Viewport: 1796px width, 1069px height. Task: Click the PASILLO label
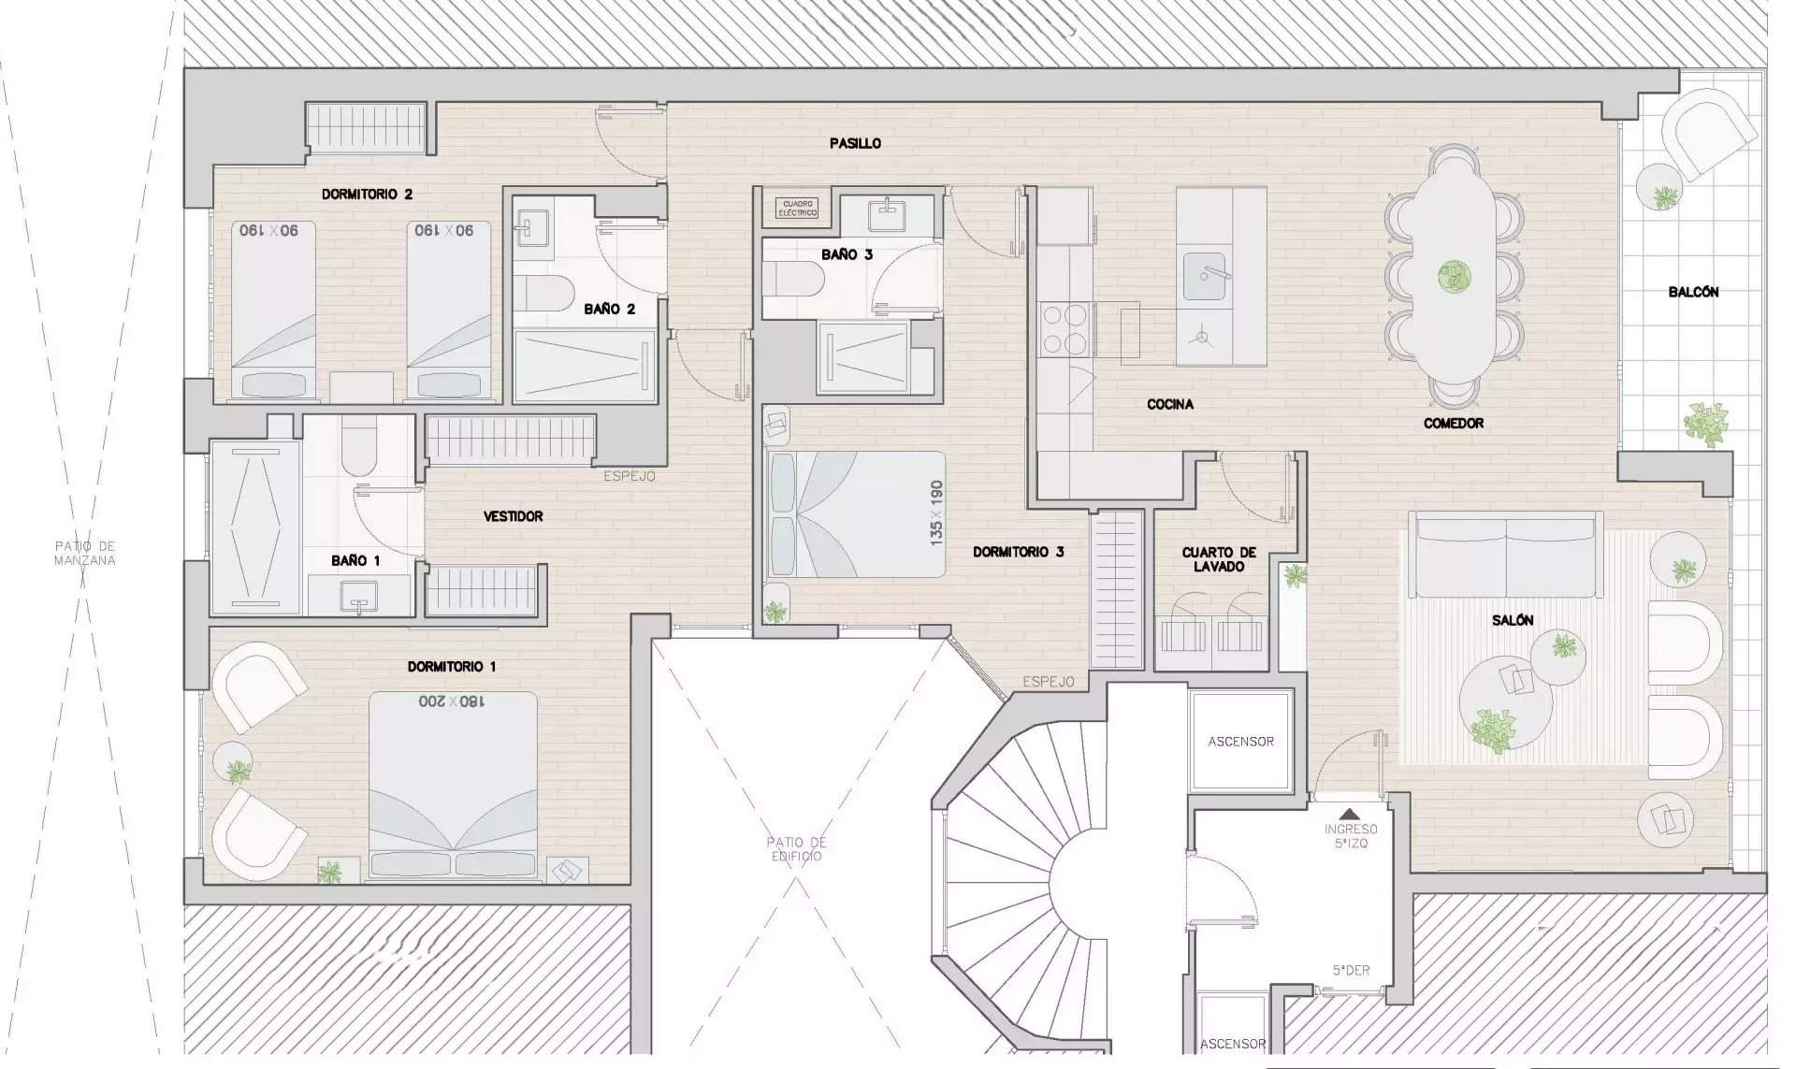(855, 143)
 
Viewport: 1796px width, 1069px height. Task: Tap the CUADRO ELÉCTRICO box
(798, 209)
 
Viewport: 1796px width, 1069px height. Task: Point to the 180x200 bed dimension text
(452, 701)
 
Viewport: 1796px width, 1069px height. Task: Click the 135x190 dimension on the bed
(936, 513)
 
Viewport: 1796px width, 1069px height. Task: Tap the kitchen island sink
(1204, 276)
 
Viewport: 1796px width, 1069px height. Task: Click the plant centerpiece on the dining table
(1454, 276)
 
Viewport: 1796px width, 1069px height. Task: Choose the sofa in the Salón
(1505, 554)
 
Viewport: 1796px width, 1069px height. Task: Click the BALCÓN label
(1693, 292)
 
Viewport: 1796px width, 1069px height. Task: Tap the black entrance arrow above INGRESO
(1350, 815)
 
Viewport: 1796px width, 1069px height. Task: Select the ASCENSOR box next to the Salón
(1240, 741)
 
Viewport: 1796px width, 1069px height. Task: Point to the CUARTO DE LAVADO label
(1218, 559)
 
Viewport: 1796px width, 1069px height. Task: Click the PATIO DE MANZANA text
(84, 553)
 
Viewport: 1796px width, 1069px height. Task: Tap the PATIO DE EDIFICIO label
(797, 848)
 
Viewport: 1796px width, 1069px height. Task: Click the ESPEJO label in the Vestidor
(629, 476)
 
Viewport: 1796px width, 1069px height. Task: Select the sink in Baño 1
(358, 595)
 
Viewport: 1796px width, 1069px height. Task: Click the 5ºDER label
(1351, 970)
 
